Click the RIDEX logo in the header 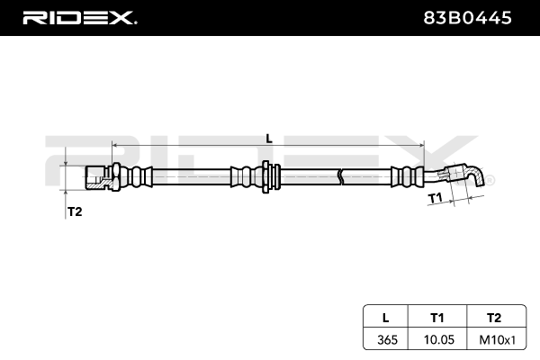(x=78, y=17)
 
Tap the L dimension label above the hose (x=268, y=138)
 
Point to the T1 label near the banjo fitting (x=434, y=196)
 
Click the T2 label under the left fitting (x=76, y=211)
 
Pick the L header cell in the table (x=386, y=317)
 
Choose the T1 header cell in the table (x=437, y=317)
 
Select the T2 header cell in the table (x=493, y=317)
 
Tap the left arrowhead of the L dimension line (x=115, y=144)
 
